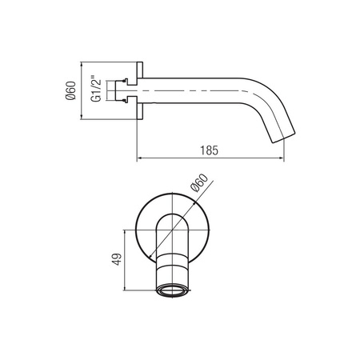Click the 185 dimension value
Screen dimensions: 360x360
pyautogui.click(x=210, y=150)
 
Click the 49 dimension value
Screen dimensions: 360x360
pyautogui.click(x=117, y=259)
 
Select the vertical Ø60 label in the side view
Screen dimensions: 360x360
pyautogui.click(x=70, y=90)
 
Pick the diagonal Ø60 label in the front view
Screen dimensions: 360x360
pyautogui.click(x=199, y=182)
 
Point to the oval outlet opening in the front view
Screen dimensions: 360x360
pyautogui.click(x=173, y=290)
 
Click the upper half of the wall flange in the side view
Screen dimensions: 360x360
pyautogui.click(x=140, y=70)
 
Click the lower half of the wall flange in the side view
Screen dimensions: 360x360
pyautogui.click(x=140, y=111)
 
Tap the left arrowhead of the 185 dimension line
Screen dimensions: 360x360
pyautogui.click(x=139, y=158)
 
